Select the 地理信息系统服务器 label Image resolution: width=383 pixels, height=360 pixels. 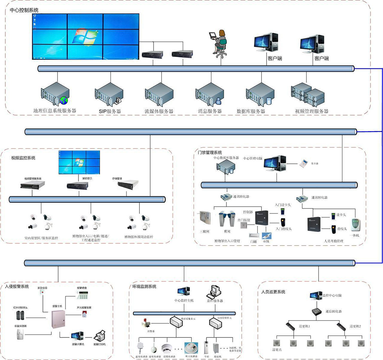pyautogui.click(x=54, y=111)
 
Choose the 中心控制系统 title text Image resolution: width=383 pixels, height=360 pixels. pyautogui.click(x=24, y=10)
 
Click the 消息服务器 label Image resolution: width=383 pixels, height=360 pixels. pyautogui.click(x=210, y=111)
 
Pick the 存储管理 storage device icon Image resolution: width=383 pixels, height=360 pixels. pyautogui.click(x=128, y=185)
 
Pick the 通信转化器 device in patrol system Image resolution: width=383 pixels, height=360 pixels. pyautogui.click(x=316, y=311)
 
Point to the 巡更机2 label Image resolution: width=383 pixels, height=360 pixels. pyautogui.click(x=355, y=326)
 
